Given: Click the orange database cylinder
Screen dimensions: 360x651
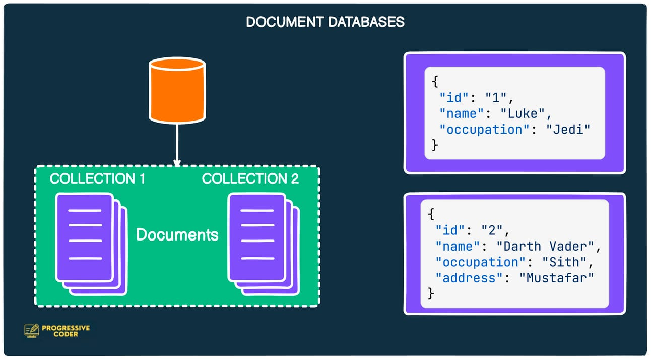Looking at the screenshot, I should (x=177, y=90).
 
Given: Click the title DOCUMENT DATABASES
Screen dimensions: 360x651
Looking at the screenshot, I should (x=325, y=22).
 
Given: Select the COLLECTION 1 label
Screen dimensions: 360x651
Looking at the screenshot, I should (x=97, y=178).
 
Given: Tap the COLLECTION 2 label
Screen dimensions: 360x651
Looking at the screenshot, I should (x=250, y=178).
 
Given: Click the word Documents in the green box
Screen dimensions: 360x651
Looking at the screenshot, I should (x=177, y=235).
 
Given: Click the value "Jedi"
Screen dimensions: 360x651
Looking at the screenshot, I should (x=568, y=129).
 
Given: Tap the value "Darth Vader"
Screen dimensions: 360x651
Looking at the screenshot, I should (x=546, y=246).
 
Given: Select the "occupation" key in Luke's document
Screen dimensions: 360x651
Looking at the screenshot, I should (x=481, y=129).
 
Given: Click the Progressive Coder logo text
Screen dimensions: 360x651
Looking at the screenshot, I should (x=66, y=331).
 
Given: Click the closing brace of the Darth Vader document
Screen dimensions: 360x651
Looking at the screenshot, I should (x=431, y=293).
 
